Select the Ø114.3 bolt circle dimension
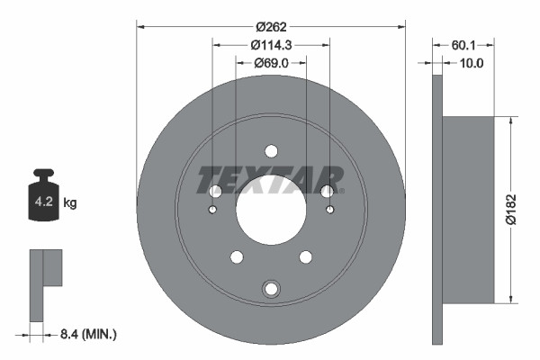(x=271, y=44)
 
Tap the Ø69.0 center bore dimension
(x=271, y=63)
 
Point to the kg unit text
(x=70, y=203)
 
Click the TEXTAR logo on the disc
(x=271, y=179)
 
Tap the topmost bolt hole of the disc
(x=271, y=150)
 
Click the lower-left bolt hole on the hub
(x=237, y=257)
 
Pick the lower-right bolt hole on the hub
(x=305, y=257)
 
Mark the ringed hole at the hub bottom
(x=271, y=289)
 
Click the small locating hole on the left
(x=211, y=211)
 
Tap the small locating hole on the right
(x=330, y=211)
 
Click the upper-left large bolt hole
(x=214, y=191)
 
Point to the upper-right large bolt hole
(x=328, y=191)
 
